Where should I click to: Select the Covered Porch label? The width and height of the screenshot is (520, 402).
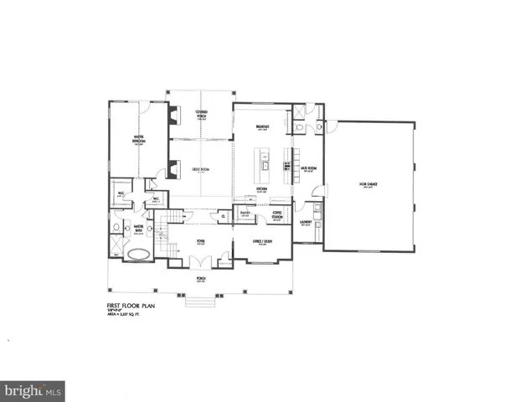pyautogui.click(x=202, y=114)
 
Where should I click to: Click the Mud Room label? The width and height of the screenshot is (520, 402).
pyautogui.click(x=307, y=168)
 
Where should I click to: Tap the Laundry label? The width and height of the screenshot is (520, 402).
pyautogui.click(x=306, y=222)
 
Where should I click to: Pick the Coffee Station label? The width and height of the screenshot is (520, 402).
pyautogui.click(x=276, y=217)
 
